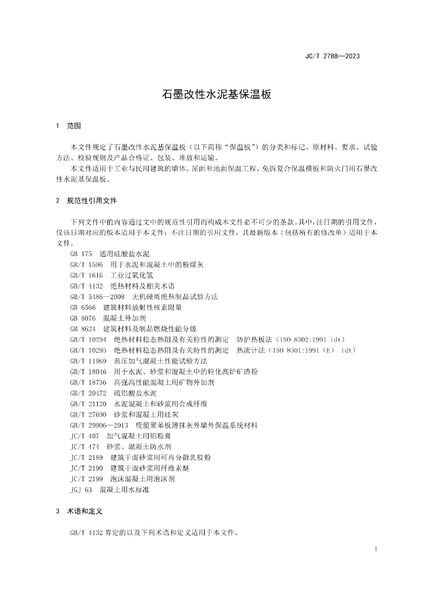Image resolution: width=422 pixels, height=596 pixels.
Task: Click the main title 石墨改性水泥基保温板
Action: tap(211, 95)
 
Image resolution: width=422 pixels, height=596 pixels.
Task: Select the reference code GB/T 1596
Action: tap(86, 265)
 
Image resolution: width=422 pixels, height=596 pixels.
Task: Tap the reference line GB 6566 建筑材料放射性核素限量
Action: tap(126, 307)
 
